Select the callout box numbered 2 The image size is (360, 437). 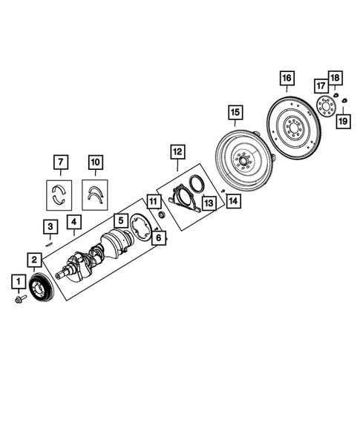34,259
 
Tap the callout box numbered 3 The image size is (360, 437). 49,226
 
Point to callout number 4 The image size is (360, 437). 73,220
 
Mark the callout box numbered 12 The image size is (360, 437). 177,151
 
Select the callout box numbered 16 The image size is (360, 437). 286,77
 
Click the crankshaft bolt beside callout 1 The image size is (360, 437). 19,300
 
